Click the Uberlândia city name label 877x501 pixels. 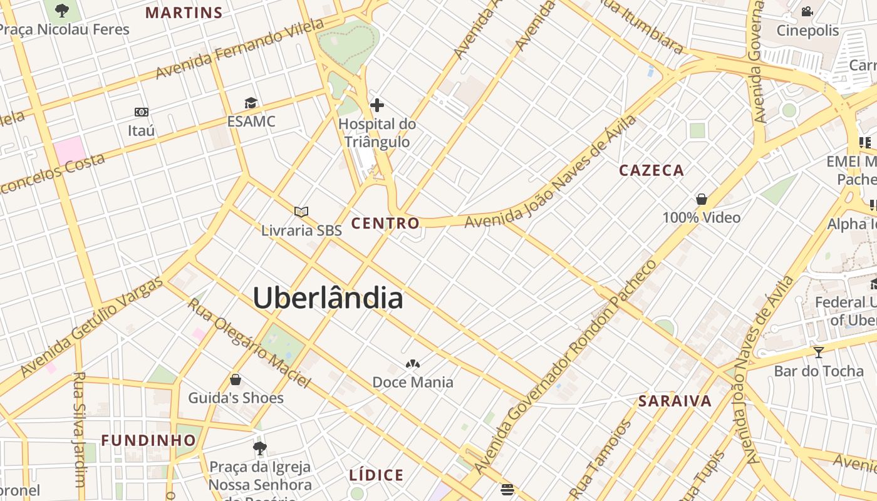point(328,298)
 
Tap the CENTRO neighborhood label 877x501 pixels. point(385,223)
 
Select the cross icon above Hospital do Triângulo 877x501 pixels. point(377,105)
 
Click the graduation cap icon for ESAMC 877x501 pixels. point(251,103)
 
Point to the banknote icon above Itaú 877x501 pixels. point(142,112)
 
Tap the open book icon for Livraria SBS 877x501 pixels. point(301,212)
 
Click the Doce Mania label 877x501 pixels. point(413,382)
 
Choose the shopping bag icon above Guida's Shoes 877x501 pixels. point(236,380)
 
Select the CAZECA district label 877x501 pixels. point(651,170)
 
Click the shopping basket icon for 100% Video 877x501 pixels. point(702,199)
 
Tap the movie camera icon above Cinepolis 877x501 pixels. point(807,11)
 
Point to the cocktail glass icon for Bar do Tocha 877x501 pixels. point(818,352)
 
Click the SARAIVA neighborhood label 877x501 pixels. point(675,401)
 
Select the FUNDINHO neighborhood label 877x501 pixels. point(149,440)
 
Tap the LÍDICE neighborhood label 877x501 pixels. point(376,475)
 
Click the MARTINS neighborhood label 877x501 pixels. point(184,13)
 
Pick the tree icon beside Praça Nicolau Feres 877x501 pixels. point(61,10)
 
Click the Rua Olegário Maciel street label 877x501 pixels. point(249,343)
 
